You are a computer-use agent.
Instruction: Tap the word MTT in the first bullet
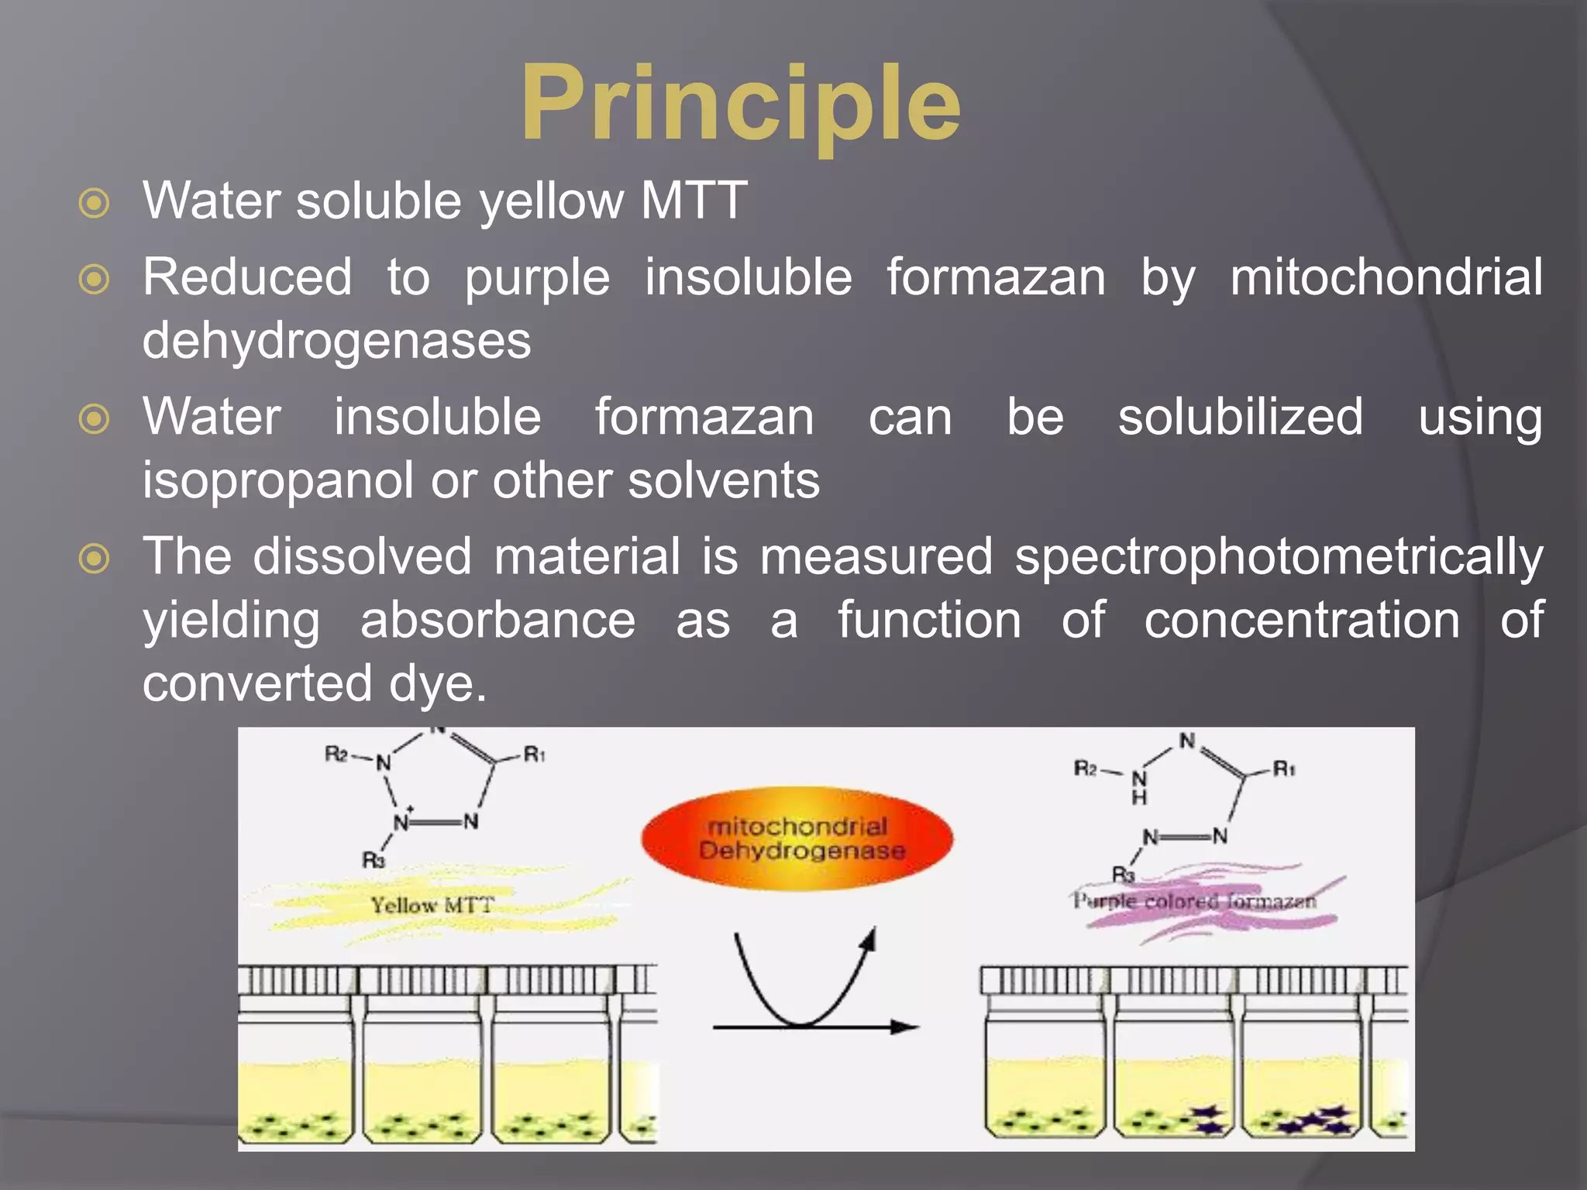click(x=694, y=201)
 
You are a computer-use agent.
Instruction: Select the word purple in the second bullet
click(x=537, y=278)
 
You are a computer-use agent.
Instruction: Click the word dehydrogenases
click(x=336, y=340)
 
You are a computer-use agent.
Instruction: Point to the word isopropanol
click(x=277, y=480)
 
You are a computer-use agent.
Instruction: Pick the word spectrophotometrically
click(x=1279, y=556)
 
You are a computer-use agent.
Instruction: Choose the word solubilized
click(x=1240, y=417)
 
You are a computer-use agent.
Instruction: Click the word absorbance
click(x=497, y=620)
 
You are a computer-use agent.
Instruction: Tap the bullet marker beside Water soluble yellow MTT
click(x=95, y=204)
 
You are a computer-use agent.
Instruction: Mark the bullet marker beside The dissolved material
click(x=95, y=559)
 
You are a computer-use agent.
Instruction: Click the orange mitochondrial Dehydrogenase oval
click(x=797, y=839)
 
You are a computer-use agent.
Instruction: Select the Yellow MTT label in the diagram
click(x=432, y=905)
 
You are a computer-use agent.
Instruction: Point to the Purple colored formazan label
click(x=1194, y=901)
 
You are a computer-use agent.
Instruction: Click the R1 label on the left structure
click(x=535, y=753)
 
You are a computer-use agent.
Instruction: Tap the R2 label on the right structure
click(x=1085, y=769)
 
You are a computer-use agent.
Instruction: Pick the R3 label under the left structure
click(x=374, y=860)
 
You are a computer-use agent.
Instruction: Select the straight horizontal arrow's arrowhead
click(x=905, y=1027)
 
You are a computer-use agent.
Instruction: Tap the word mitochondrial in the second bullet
click(x=1386, y=278)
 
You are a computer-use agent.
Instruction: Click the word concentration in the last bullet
click(x=1302, y=620)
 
